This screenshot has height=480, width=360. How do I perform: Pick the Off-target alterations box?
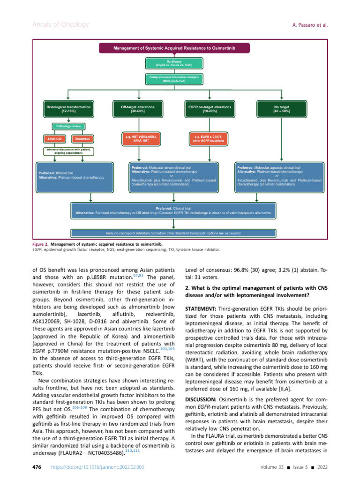click(x=135, y=109)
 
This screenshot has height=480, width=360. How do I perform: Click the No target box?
click(x=281, y=109)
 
